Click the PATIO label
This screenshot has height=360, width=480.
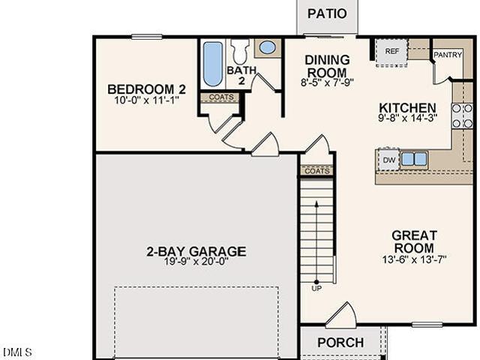point(327,13)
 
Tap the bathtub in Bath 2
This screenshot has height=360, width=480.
point(213,64)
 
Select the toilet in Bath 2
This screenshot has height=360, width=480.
point(240,51)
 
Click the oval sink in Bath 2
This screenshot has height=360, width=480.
point(268,48)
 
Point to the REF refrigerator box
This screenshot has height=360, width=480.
point(391,52)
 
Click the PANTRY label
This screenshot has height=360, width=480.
point(448,55)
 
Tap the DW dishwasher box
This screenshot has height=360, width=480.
point(388,160)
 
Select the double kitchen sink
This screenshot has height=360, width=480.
point(414,160)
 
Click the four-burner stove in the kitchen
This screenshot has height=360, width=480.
point(462,116)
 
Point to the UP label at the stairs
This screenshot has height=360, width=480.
point(316,288)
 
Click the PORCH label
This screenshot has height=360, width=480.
point(340,343)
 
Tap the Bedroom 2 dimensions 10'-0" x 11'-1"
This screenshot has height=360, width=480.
point(146,100)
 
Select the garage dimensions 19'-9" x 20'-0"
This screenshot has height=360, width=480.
point(196,262)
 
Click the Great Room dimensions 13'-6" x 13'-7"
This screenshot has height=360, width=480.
point(414,260)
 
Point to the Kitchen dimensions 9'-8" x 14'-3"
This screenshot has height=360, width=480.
point(407,118)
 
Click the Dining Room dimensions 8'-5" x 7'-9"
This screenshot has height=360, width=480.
point(327,82)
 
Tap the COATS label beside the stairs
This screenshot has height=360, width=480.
point(317,171)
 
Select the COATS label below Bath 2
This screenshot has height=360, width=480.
point(221,97)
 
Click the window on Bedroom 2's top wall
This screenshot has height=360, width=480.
point(147,37)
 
